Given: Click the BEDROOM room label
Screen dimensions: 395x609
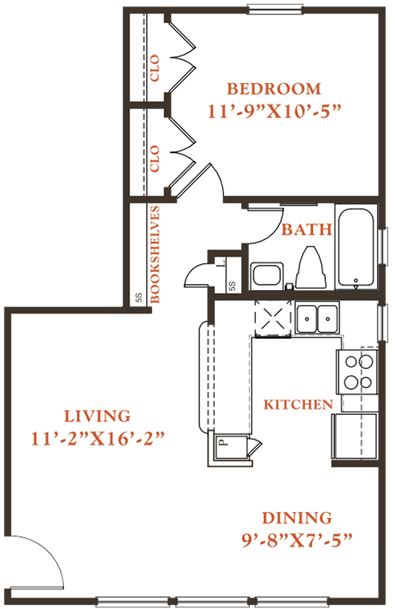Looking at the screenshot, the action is pyautogui.click(x=274, y=88).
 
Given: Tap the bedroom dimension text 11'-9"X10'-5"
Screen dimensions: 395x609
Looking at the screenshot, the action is pyautogui.click(x=274, y=111).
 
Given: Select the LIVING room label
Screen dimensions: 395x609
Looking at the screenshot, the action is pyautogui.click(x=97, y=416).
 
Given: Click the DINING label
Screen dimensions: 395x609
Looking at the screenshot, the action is pyautogui.click(x=297, y=518).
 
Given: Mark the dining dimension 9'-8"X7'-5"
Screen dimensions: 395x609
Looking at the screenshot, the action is pyautogui.click(x=297, y=540).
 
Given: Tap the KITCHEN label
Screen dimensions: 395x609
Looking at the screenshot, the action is pyautogui.click(x=298, y=405).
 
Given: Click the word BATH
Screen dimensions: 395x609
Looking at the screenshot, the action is pyautogui.click(x=307, y=230).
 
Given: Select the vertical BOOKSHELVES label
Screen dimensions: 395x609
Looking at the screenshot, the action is pyautogui.click(x=154, y=254).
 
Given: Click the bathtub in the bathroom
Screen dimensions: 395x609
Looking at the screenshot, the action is pyautogui.click(x=356, y=247).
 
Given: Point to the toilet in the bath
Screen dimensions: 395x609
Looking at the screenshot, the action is pyautogui.click(x=311, y=267).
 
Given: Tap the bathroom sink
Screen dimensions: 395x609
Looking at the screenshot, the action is pyautogui.click(x=266, y=276).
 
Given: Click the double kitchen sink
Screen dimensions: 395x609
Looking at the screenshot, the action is pyautogui.click(x=317, y=319).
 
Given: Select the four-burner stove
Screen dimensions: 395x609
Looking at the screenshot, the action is pyautogui.click(x=357, y=371).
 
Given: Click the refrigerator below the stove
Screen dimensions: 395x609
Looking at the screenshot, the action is pyautogui.click(x=355, y=436).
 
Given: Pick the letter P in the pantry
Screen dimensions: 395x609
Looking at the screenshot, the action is pyautogui.click(x=222, y=442).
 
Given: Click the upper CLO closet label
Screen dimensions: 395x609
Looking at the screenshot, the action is pyautogui.click(x=154, y=68).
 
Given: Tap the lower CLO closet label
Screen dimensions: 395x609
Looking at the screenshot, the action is pyautogui.click(x=154, y=158).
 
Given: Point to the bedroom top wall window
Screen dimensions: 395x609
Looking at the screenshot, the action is pyautogui.click(x=275, y=10).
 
